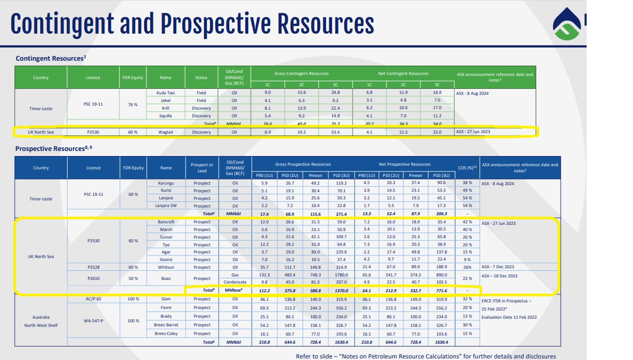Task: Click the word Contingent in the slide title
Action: coord(62,24)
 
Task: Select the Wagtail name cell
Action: coord(165,132)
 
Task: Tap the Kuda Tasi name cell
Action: coord(165,93)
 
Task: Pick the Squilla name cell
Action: coord(165,116)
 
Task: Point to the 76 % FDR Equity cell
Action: coord(133,105)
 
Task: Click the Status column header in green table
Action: coord(201,78)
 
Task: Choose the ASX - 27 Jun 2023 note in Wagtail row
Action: coord(473,132)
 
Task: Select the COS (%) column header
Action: coord(467,168)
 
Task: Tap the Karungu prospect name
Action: coord(166,183)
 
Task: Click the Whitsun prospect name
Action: coord(166,267)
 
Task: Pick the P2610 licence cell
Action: coord(93,278)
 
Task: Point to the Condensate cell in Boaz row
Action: coord(235,282)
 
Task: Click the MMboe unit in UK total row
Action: coord(234,290)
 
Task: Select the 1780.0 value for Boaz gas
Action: coord(341,275)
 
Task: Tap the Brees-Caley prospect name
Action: coord(166,333)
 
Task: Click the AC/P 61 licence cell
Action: coord(93,299)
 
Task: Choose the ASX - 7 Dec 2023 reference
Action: coord(497,267)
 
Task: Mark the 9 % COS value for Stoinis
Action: coord(467,260)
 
